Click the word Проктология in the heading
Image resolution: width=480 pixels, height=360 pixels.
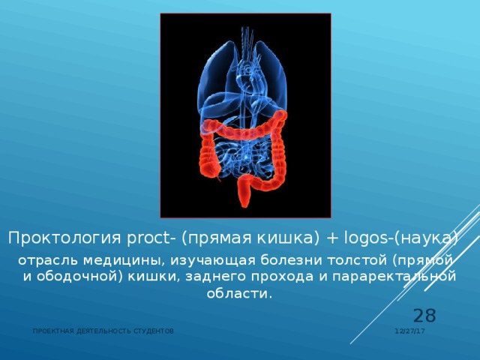[x=55, y=238]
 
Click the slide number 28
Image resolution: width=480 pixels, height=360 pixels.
[x=424, y=316]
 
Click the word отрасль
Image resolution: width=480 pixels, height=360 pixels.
[x=44, y=259]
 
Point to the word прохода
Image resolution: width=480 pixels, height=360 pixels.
[x=265, y=277]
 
